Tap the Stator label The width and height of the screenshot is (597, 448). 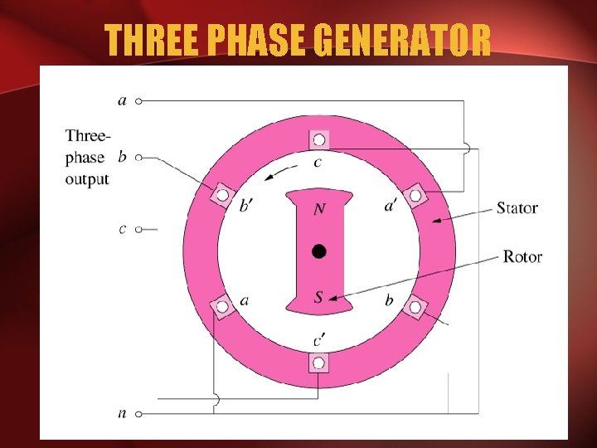coord(517,207)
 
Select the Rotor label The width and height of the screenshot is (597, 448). coord(522,256)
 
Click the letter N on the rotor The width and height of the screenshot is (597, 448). coord(319,210)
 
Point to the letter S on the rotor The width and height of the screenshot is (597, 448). coord(319,296)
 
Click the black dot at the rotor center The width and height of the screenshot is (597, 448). coord(319,251)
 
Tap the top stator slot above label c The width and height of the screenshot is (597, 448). coord(319,140)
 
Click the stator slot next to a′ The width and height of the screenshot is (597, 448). coord(415,196)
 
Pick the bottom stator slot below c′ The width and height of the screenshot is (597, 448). coord(319,363)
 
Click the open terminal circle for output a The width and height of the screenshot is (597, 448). coord(139,100)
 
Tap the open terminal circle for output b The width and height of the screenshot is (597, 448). coord(139,156)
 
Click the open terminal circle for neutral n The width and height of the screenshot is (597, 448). coord(139,412)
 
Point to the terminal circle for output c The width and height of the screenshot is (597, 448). coord(139,229)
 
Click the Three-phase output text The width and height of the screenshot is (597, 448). coord(87,157)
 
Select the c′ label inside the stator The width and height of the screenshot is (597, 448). coord(319,339)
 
